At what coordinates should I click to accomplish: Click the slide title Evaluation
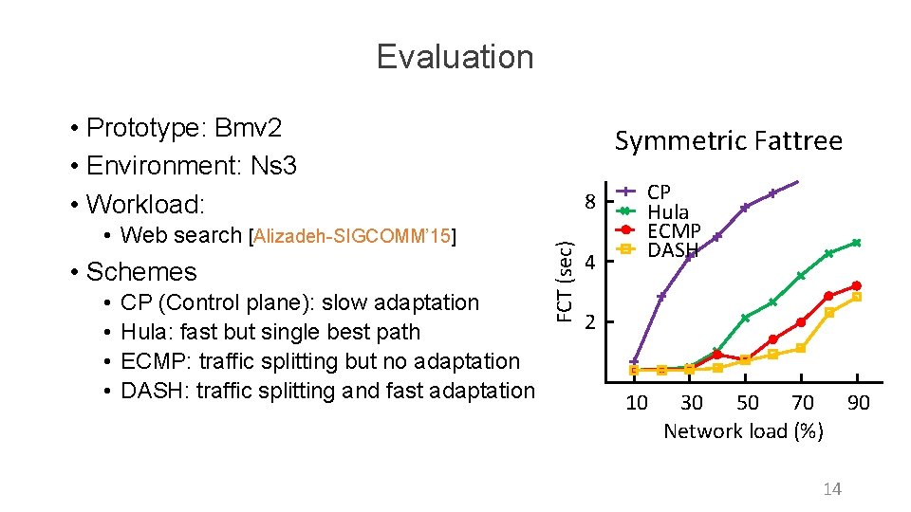455,57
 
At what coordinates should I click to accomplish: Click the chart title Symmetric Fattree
728,141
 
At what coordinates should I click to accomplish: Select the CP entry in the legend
659,192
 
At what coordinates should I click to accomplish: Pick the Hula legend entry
667,212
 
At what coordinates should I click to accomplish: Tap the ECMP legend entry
673,231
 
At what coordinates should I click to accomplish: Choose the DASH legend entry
672,250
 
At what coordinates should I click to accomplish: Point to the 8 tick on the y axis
590,202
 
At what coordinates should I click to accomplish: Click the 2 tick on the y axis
590,321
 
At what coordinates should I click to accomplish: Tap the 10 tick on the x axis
637,403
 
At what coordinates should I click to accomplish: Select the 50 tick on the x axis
748,403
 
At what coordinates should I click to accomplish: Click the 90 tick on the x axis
858,403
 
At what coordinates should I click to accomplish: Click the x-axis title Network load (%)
743,431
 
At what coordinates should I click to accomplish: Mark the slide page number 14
832,489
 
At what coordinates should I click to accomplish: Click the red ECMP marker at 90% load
856,285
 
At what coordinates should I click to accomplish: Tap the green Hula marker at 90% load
856,243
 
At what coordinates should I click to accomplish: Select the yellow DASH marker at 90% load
856,297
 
